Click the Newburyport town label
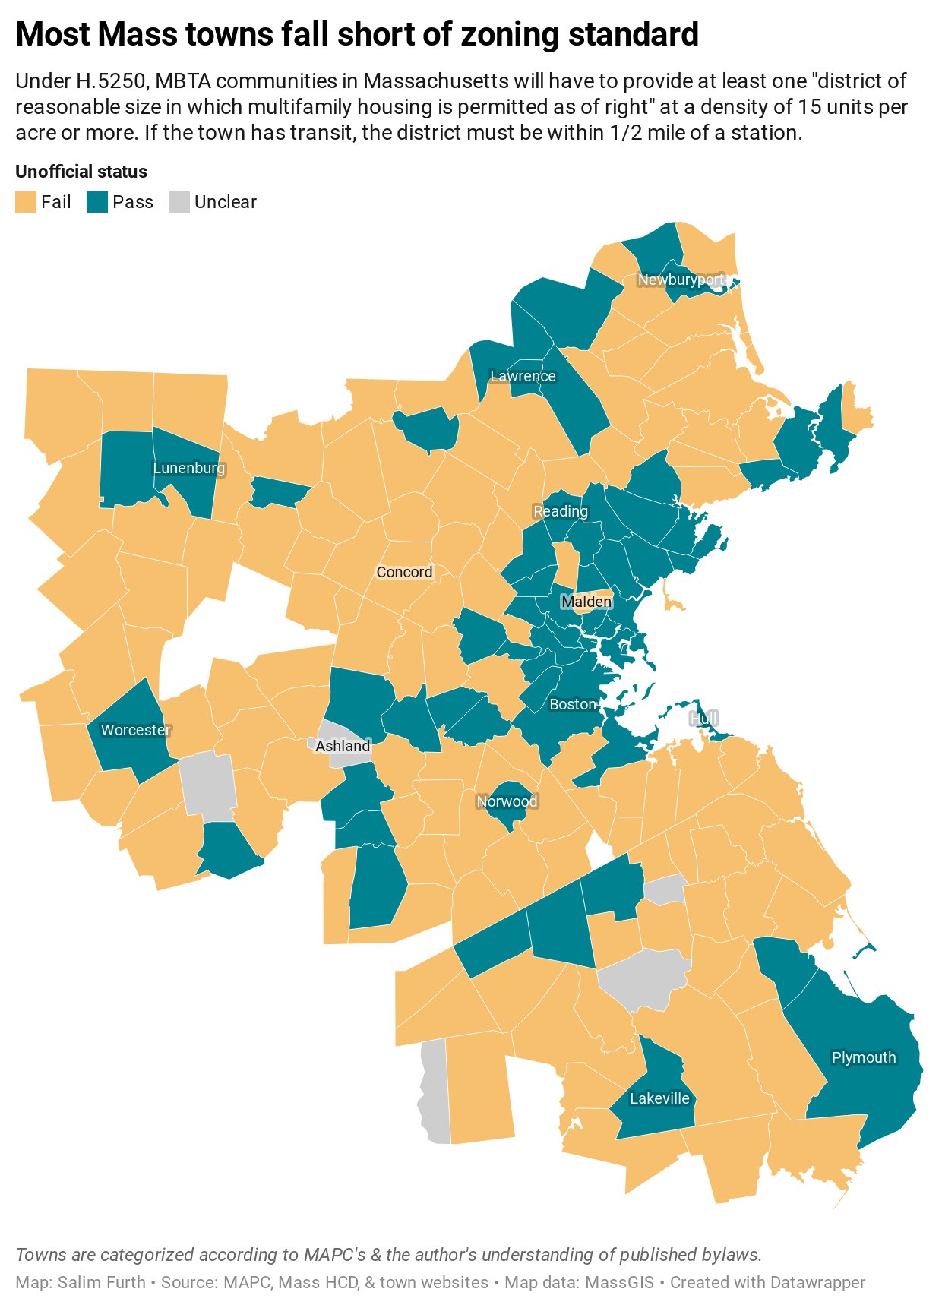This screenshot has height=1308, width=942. click(x=681, y=280)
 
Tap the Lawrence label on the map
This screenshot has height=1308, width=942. click(x=523, y=376)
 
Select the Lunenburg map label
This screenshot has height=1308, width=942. click(x=189, y=468)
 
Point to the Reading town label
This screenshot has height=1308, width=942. click(x=561, y=511)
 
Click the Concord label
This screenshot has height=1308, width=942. click(x=404, y=572)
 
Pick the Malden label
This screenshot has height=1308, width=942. click(x=586, y=602)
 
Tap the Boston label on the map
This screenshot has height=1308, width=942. click(x=573, y=704)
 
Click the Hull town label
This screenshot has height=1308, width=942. click(x=703, y=718)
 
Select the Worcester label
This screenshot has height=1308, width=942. click(x=136, y=730)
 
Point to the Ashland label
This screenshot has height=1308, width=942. click(x=343, y=746)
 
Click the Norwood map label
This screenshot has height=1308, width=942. click(x=507, y=801)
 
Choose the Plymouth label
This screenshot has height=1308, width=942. click(x=864, y=1057)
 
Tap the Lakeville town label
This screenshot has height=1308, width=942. click(x=659, y=1098)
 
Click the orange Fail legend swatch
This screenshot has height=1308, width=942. click(x=26, y=203)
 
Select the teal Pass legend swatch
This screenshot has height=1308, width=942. click(x=97, y=203)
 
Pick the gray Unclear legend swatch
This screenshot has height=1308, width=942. click(x=179, y=203)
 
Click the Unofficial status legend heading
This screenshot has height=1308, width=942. click(x=81, y=172)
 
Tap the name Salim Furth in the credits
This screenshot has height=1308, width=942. click(x=102, y=1282)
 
